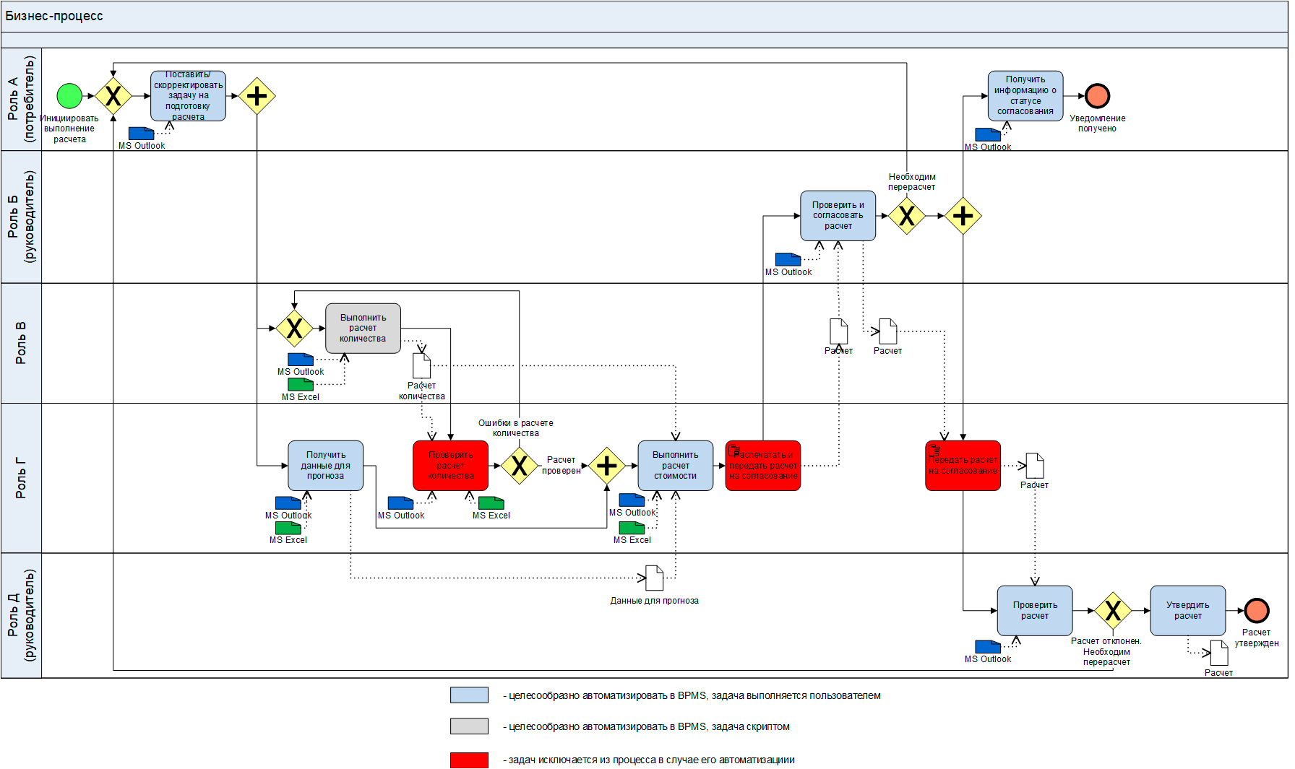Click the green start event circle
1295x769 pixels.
pos(69,96)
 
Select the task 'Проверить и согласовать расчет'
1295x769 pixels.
pos(838,216)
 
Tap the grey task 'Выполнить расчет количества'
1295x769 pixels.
pos(363,329)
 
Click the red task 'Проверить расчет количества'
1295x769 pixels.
pos(450,466)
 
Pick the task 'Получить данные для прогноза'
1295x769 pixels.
pos(325,466)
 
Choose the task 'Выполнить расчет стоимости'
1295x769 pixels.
pos(675,466)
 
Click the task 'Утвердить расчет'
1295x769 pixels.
pos(1187,611)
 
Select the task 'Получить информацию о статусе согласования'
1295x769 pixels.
pos(1025,96)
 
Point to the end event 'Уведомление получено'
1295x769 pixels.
pos(1097,96)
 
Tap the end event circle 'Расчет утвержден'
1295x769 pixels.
pos(1257,611)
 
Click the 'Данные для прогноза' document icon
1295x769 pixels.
pos(654,578)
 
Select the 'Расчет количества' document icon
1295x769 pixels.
pos(421,366)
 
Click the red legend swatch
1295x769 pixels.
pos(469,760)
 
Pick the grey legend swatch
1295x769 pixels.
pos(469,726)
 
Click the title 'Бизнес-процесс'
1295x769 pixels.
pos(54,16)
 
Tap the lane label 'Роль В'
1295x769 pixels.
pos(21,343)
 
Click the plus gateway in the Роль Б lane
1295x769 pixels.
pos(963,216)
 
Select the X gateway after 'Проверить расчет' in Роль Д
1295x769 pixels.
pos(1112,611)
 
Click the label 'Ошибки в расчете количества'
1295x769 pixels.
pos(515,428)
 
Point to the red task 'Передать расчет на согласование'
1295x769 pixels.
pos(963,466)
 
